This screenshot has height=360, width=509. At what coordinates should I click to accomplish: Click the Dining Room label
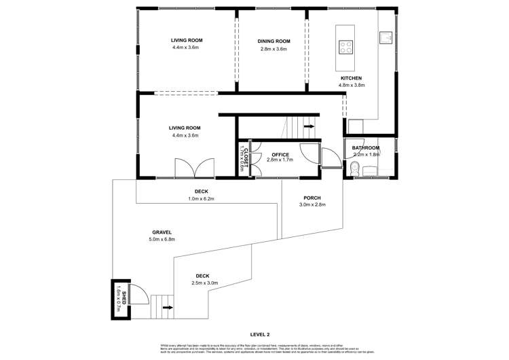tap(274, 41)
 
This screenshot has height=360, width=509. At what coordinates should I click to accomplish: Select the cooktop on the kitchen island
tap(345, 47)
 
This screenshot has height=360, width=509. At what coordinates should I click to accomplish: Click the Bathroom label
tap(365, 148)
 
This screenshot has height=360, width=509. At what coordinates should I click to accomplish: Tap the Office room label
tap(280, 155)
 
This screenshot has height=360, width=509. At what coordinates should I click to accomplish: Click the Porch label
tap(312, 198)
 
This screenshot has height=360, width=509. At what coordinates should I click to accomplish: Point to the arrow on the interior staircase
tap(309, 126)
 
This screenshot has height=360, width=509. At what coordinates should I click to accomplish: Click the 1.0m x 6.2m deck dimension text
tap(201, 198)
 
